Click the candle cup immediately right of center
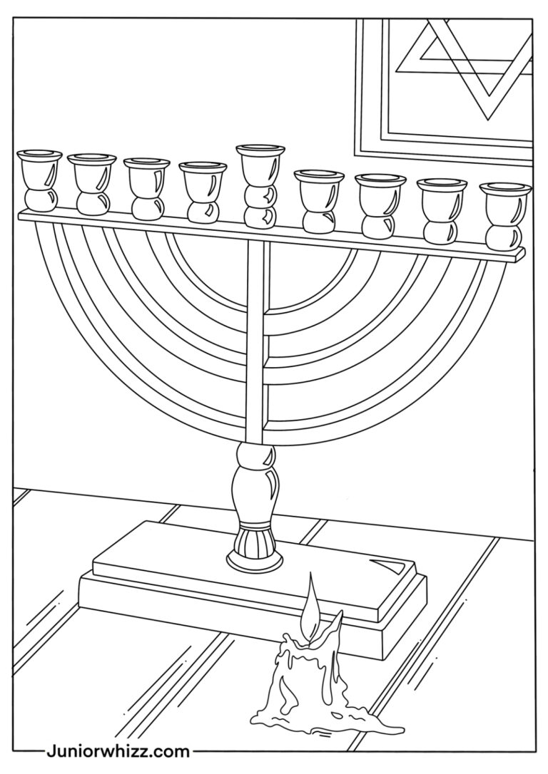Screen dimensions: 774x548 [x=319, y=190]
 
